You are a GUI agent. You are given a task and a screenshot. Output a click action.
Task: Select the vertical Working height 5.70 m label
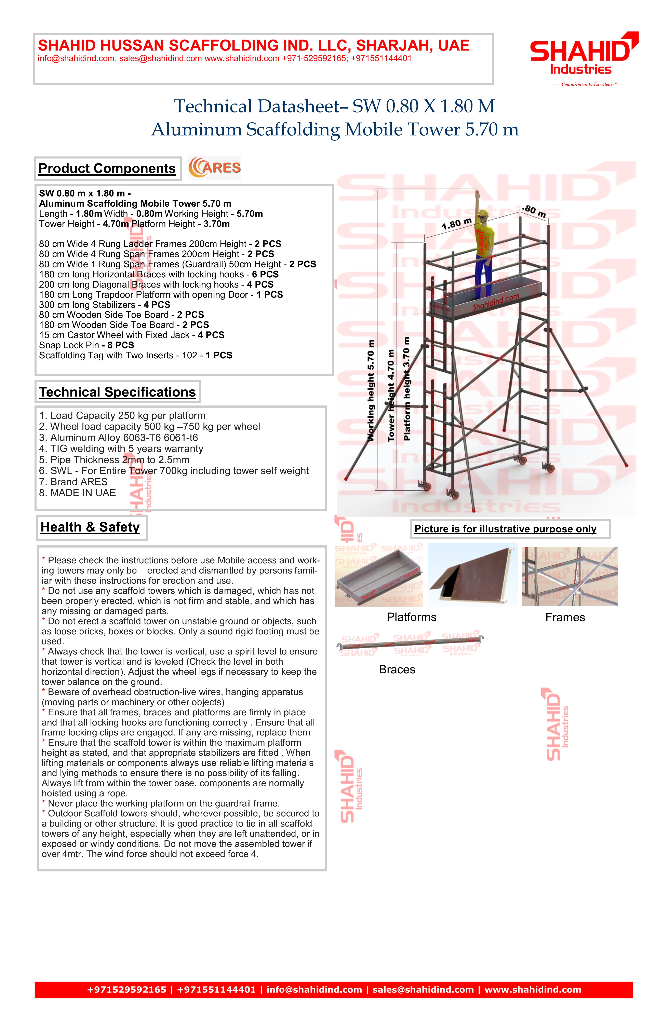pos(371,390)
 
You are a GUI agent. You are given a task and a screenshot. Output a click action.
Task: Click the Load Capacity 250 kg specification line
pos(122,416)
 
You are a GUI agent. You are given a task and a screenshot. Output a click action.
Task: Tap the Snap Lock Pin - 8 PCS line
pos(86,345)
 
